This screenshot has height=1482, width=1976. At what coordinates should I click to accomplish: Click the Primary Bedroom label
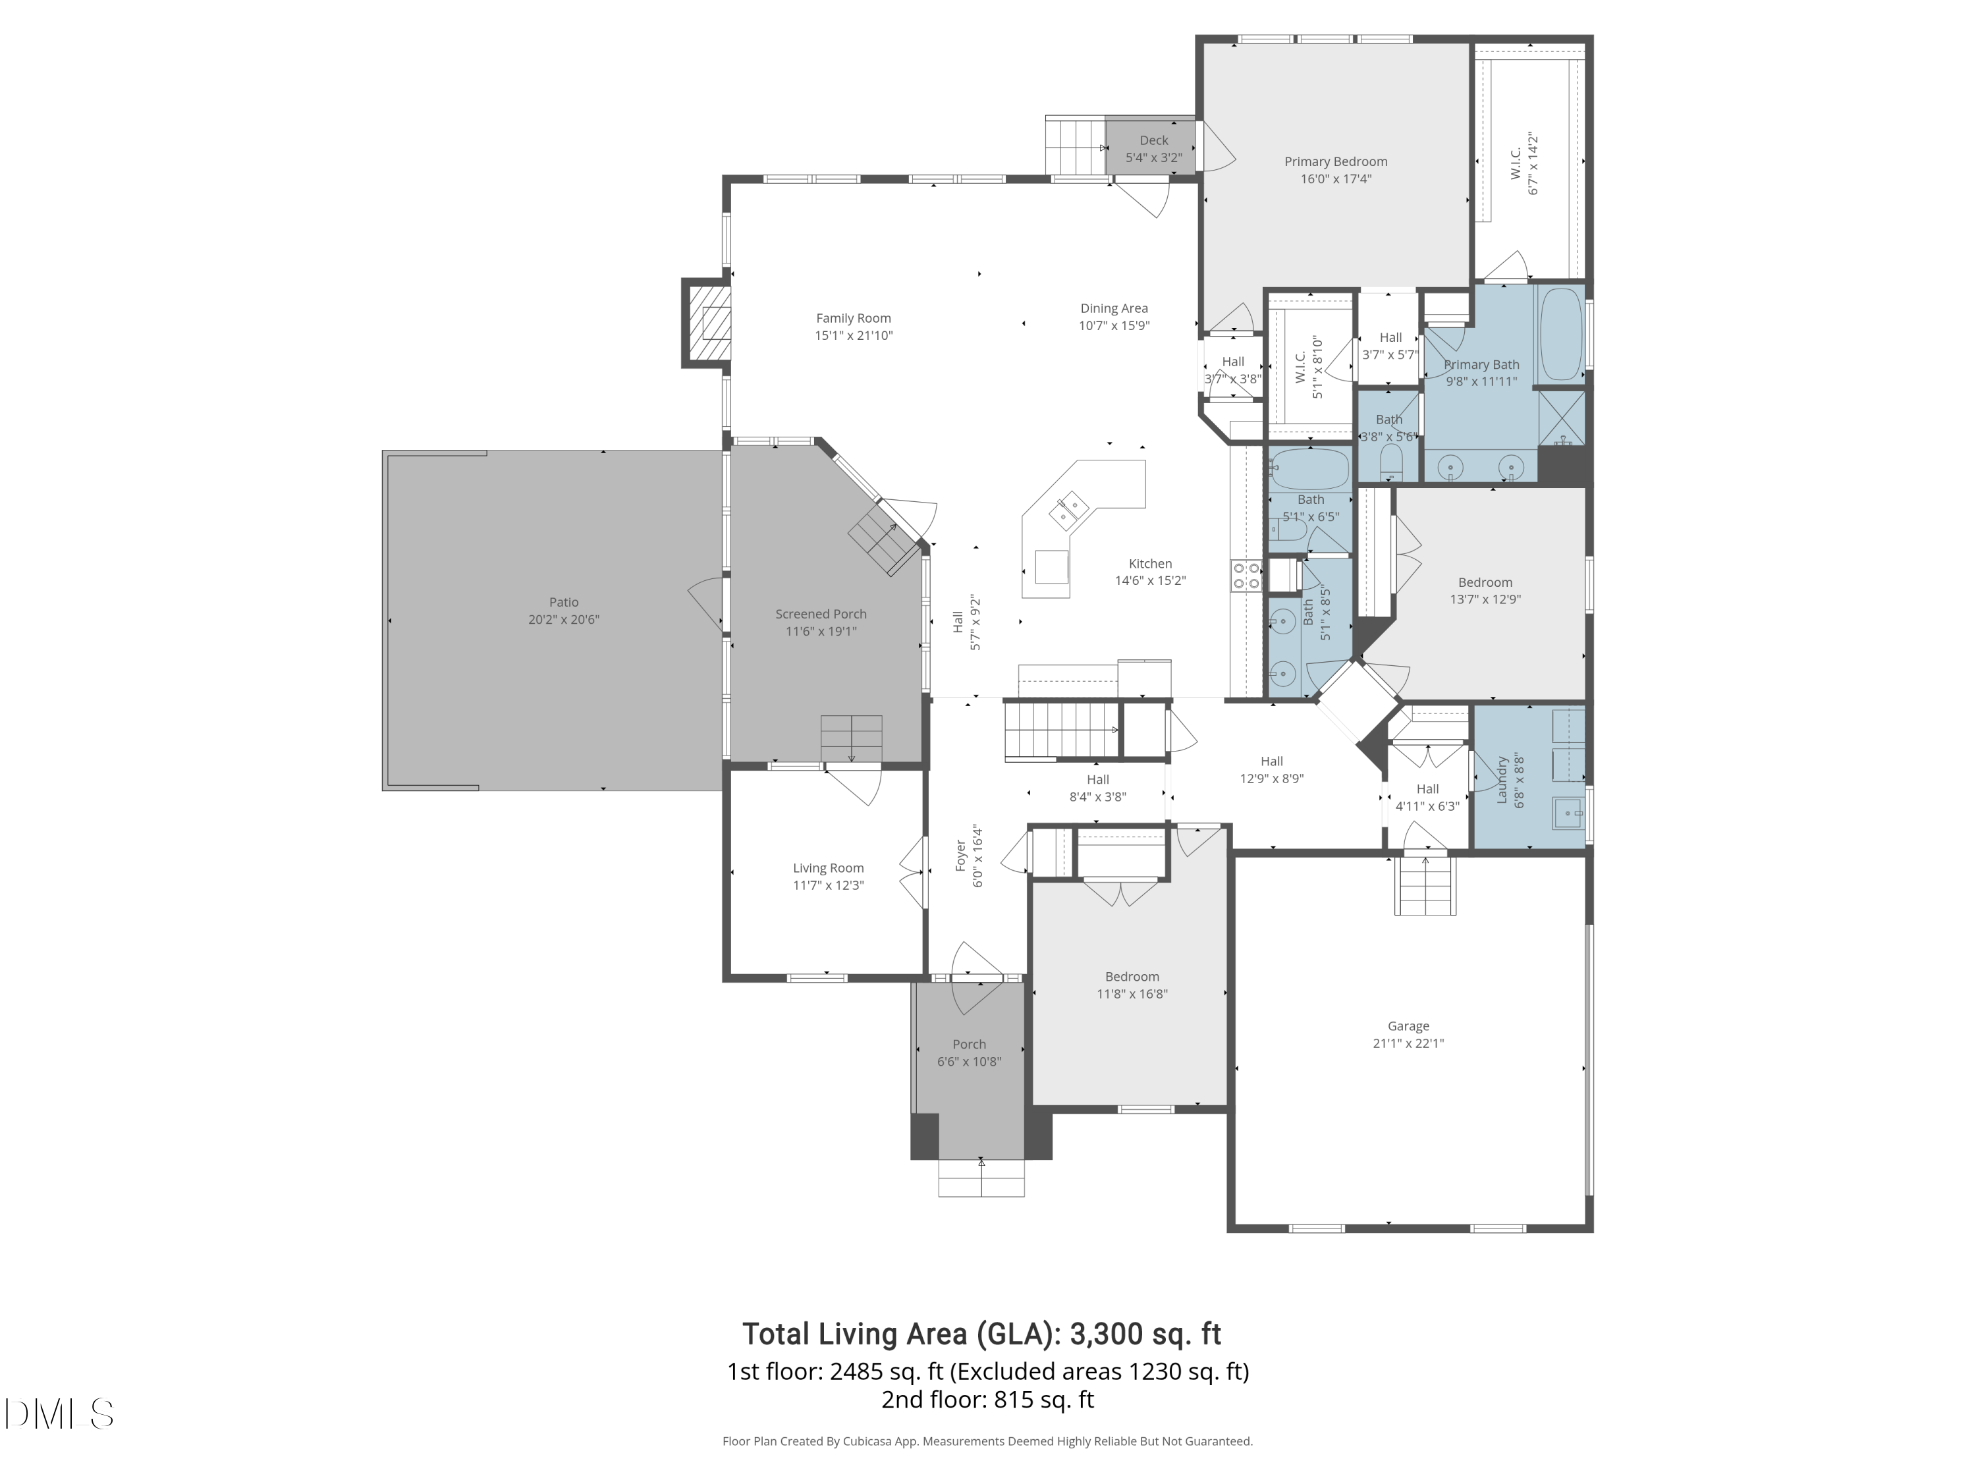1336,161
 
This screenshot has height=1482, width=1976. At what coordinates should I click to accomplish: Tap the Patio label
564,602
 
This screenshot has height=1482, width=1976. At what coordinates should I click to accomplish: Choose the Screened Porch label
821,614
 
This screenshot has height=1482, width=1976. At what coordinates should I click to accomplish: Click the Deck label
1153,140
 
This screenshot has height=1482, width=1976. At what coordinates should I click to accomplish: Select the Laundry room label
1502,780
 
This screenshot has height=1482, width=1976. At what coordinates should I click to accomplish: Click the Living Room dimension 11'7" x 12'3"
828,885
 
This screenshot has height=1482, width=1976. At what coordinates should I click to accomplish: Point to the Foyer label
961,855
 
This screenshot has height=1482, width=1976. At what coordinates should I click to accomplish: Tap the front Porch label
970,1044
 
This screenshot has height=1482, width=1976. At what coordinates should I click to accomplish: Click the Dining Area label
1114,308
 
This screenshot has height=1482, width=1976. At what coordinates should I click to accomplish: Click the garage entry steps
1425,885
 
